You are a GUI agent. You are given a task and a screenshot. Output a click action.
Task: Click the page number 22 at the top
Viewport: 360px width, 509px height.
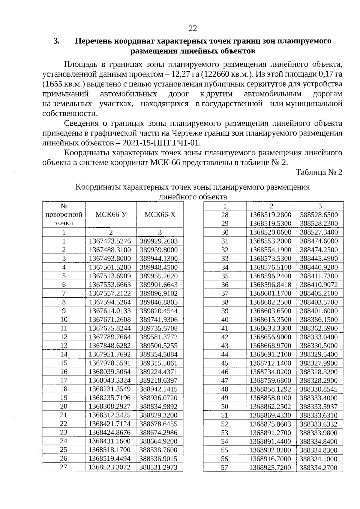pos(193,28)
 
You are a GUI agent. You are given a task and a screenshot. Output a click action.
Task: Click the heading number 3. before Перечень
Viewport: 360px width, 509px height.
pos(57,41)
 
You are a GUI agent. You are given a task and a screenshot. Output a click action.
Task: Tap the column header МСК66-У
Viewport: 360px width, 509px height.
pos(111,214)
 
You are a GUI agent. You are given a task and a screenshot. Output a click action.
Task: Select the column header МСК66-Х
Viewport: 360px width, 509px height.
pos(160,214)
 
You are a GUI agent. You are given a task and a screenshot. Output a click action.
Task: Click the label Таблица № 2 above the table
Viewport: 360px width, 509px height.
pos(319,172)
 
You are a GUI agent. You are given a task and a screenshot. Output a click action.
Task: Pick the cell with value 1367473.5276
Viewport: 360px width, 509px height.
pos(110,241)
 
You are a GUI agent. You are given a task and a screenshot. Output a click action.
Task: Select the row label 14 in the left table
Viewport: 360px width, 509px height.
pos(64,354)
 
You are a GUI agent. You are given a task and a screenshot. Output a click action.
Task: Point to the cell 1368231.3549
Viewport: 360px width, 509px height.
pos(110,389)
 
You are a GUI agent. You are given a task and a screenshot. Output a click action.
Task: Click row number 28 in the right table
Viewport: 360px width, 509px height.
pos(225,215)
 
